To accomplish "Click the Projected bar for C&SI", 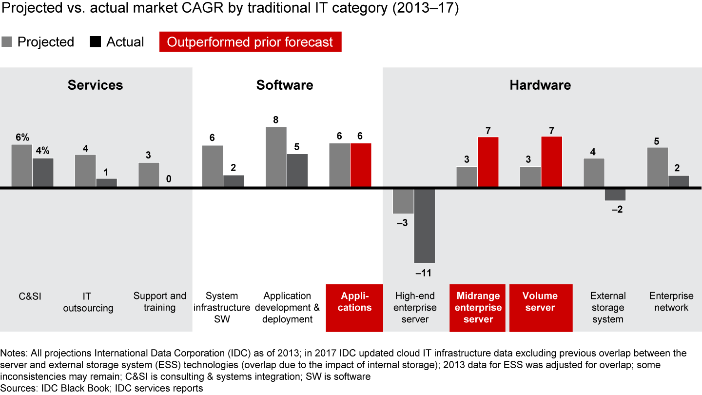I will pos(22,166).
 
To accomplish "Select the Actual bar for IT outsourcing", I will pos(106,183).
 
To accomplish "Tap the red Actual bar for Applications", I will pos(361,165).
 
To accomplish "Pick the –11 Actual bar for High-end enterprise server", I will pos(425,226).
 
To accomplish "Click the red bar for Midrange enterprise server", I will pos(488,162).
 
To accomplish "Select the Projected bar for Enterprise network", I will pos(657,167).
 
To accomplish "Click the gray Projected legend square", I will pos(7,42).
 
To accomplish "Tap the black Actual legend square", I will pos(96,42).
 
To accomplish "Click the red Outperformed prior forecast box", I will pos(250,42).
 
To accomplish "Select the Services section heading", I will pos(95,85).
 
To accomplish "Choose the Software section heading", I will pos(285,85).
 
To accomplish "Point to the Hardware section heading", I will pos(540,85).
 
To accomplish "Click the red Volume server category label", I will pos(540,302).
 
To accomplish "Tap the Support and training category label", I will pos(159,302).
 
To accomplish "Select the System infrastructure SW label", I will pos(222,308).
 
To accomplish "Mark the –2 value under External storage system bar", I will pos(617,209).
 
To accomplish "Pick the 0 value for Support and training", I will pos(169,179).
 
